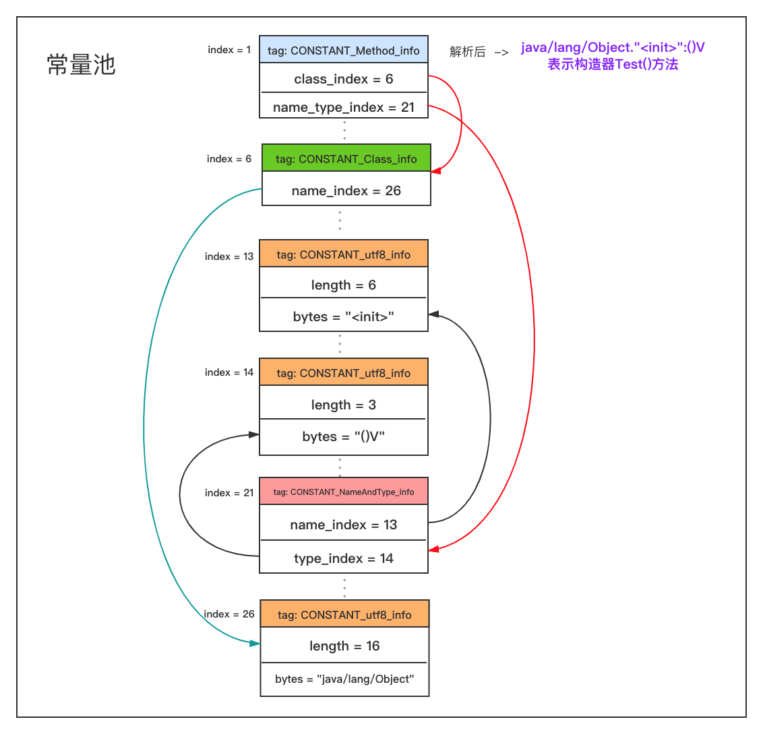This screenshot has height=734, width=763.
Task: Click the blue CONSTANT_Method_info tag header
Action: (344, 50)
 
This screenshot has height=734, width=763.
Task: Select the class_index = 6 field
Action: (344, 79)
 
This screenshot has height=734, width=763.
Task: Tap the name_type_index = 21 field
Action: (344, 107)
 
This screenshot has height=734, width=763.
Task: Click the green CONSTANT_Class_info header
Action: (346, 159)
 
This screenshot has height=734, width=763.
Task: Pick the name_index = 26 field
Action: (346, 191)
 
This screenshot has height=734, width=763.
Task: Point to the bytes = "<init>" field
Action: (344, 316)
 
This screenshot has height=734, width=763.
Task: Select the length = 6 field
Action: (344, 285)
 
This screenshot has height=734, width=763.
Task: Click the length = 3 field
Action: (344, 405)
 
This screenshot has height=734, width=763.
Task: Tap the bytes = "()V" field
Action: (344, 436)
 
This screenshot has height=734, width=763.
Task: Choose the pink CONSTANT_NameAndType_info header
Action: (344, 492)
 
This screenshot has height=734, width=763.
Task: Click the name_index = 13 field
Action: (344, 525)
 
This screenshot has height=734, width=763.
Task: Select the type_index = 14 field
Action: (344, 558)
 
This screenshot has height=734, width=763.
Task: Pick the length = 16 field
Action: (345, 646)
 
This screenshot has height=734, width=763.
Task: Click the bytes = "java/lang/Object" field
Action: (345, 679)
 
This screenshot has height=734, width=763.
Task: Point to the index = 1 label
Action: (229, 50)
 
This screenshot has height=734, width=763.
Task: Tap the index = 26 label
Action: (229, 614)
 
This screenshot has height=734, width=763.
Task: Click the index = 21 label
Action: (229, 493)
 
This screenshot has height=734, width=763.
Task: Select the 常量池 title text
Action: (82, 65)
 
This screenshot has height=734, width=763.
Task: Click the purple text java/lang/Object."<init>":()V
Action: (613, 48)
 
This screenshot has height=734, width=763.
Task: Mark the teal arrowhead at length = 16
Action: (255, 643)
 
